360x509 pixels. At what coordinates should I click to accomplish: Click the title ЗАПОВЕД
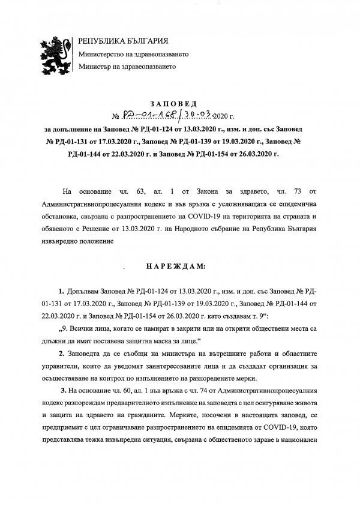[180, 104]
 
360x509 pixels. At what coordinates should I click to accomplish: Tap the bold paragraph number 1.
[61, 290]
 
